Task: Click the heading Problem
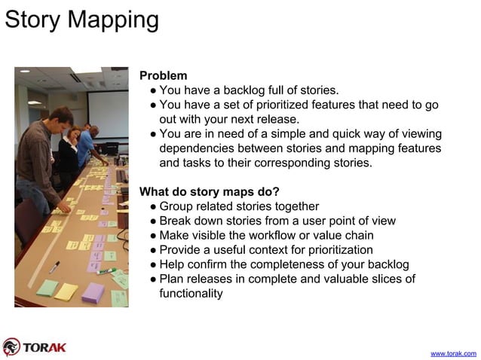(x=164, y=76)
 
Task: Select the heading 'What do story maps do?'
(x=210, y=191)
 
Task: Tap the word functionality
(x=191, y=293)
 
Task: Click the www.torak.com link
(x=452, y=352)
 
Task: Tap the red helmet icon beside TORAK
(x=11, y=346)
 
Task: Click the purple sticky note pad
(x=93, y=292)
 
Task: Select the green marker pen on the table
(x=106, y=271)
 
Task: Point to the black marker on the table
(x=54, y=267)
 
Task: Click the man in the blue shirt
(x=86, y=143)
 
